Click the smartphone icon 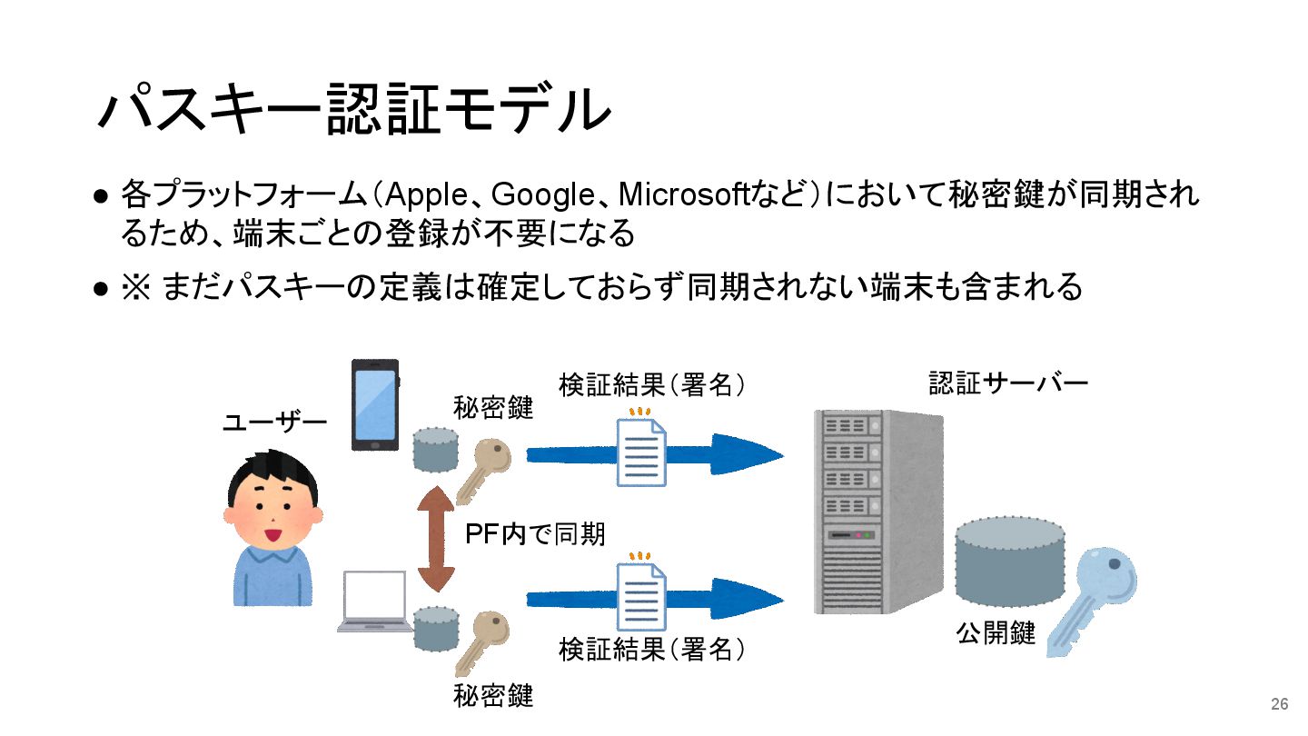point(375,404)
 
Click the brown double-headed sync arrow point(436,539)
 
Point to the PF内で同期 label point(535,534)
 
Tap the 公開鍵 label point(996,633)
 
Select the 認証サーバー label point(1007,383)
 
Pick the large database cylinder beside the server point(1009,562)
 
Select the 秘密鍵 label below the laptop point(493,697)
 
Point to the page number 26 point(1279,704)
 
